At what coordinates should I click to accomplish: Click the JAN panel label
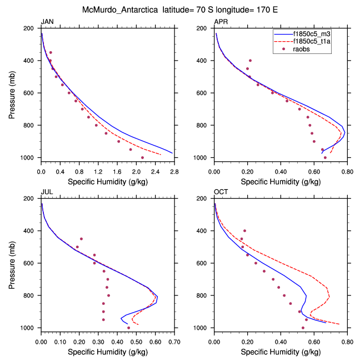[47, 22]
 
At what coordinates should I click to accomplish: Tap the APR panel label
[221, 22]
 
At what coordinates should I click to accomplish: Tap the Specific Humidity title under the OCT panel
[280, 352]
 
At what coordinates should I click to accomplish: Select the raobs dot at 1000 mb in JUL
[128, 328]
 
